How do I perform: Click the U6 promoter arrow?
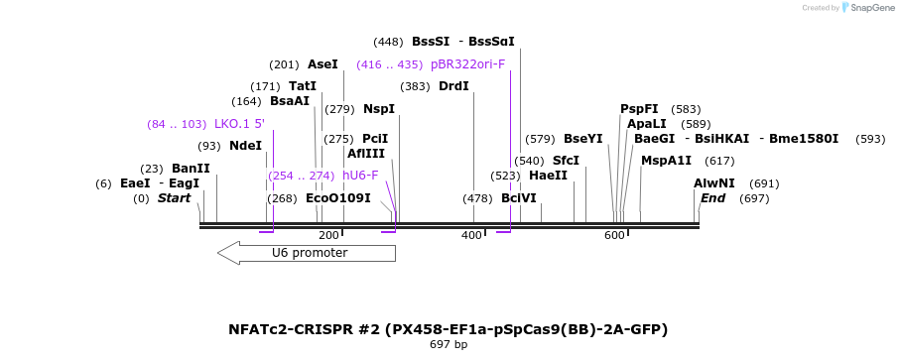pos(308,253)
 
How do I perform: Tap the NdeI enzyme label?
pos(245,146)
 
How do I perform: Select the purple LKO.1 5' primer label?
pos(239,124)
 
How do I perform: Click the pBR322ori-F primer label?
pos(467,64)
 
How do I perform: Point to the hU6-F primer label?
pos(360,176)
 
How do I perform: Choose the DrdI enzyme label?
pos(453,86)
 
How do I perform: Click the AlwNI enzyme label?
pos(713,183)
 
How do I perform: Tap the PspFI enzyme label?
pos(639,109)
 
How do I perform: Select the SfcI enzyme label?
pos(566,161)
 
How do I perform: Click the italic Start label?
pos(174,198)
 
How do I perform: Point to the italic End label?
pos(712,198)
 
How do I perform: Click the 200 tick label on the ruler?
pos(328,235)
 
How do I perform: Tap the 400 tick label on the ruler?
pos(471,235)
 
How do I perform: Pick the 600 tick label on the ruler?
pos(614,235)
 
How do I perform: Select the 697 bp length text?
pos(449,345)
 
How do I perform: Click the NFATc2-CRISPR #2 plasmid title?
pos(449,328)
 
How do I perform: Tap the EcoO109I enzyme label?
pos(338,198)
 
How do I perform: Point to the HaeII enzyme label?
pos(548,176)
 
